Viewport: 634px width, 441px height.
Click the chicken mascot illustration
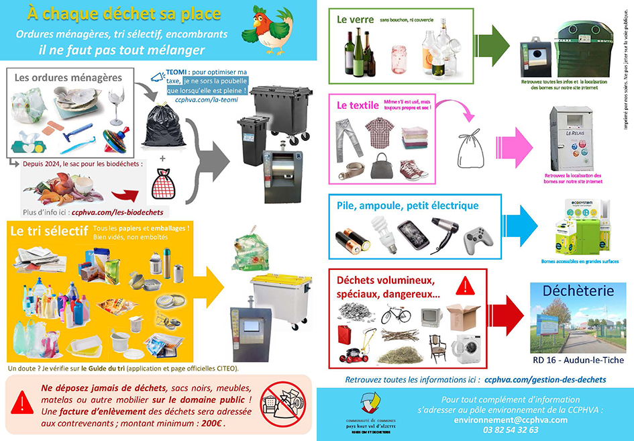click(272, 29)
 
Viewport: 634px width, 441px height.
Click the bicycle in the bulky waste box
click(396, 314)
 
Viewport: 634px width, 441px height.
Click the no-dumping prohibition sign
click(283, 404)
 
